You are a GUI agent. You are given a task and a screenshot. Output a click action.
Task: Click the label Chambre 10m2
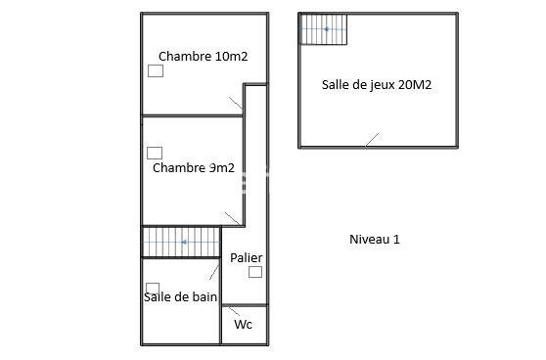(x=203, y=57)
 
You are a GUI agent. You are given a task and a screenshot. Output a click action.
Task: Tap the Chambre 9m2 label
(x=194, y=167)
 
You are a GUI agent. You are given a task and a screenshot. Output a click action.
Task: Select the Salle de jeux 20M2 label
(x=377, y=84)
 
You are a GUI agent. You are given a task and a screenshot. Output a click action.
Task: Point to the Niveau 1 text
(x=375, y=239)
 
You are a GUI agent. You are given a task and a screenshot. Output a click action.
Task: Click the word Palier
(x=247, y=258)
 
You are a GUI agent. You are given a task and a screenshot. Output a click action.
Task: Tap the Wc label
(x=243, y=324)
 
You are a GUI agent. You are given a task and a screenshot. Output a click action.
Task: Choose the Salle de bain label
(x=181, y=296)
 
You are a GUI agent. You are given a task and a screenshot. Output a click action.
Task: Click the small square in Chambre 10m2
(x=155, y=71)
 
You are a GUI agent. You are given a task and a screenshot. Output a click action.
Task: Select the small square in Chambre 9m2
(x=154, y=153)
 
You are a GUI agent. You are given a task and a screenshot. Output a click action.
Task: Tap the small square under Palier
(x=255, y=272)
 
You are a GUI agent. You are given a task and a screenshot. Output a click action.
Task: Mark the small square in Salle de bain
(x=152, y=288)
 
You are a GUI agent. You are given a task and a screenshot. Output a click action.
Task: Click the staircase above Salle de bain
(x=181, y=242)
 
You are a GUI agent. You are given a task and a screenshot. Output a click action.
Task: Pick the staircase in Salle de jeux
(x=324, y=29)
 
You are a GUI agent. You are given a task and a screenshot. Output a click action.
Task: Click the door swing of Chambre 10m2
(x=236, y=104)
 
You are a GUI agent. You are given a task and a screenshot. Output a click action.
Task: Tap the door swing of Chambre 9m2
(x=233, y=217)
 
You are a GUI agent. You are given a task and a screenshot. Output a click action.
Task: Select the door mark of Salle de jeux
(x=372, y=140)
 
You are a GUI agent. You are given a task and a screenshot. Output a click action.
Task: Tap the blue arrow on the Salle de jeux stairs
(x=327, y=29)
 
